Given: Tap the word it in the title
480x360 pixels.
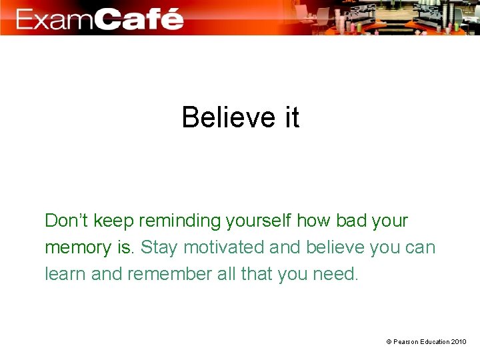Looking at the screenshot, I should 292,118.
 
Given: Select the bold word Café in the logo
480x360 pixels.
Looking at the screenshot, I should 138,18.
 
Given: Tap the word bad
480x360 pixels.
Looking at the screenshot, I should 349,221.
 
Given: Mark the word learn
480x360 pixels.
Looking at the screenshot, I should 65,274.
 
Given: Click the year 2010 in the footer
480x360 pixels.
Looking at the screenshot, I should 459,342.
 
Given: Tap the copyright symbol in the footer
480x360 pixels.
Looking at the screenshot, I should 389,342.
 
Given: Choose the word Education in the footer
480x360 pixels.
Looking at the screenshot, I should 435,342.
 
